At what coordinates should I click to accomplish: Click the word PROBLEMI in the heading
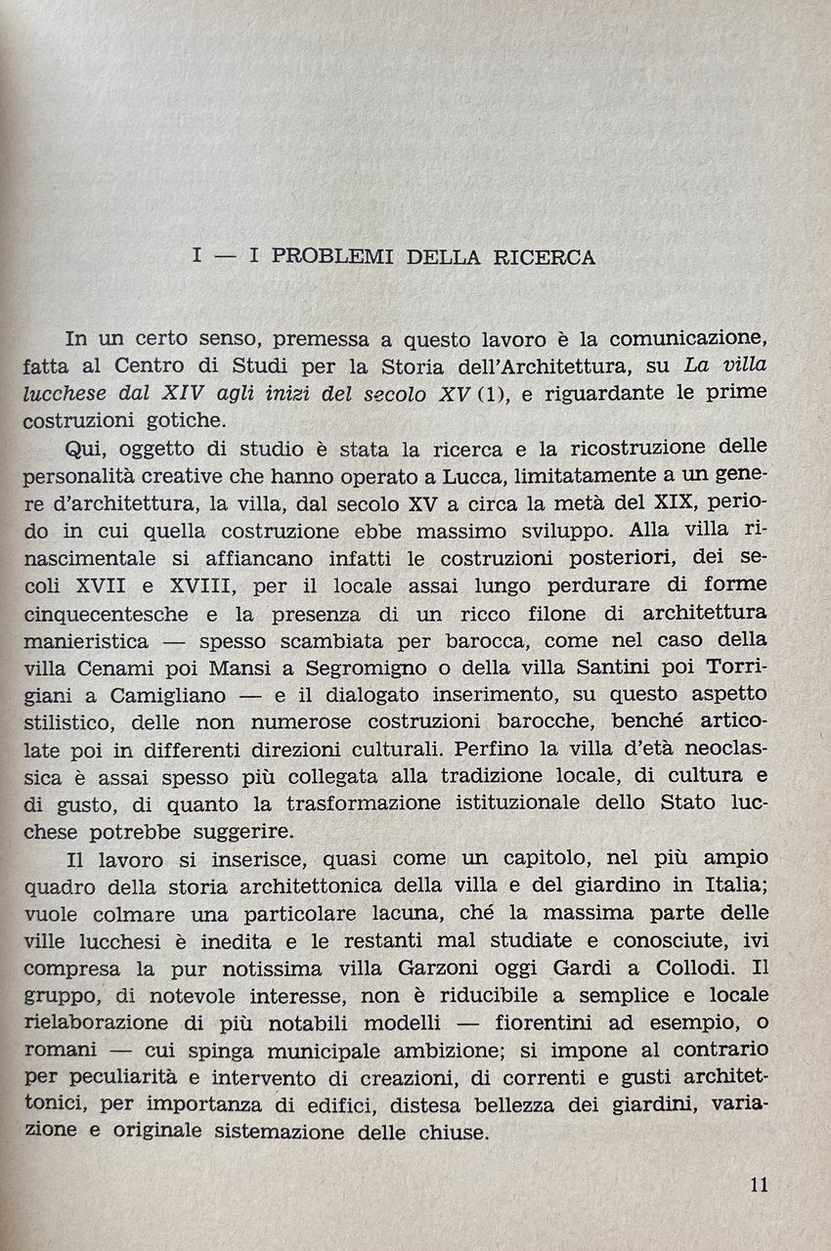coord(333,258)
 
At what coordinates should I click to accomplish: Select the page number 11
coord(759,1185)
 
